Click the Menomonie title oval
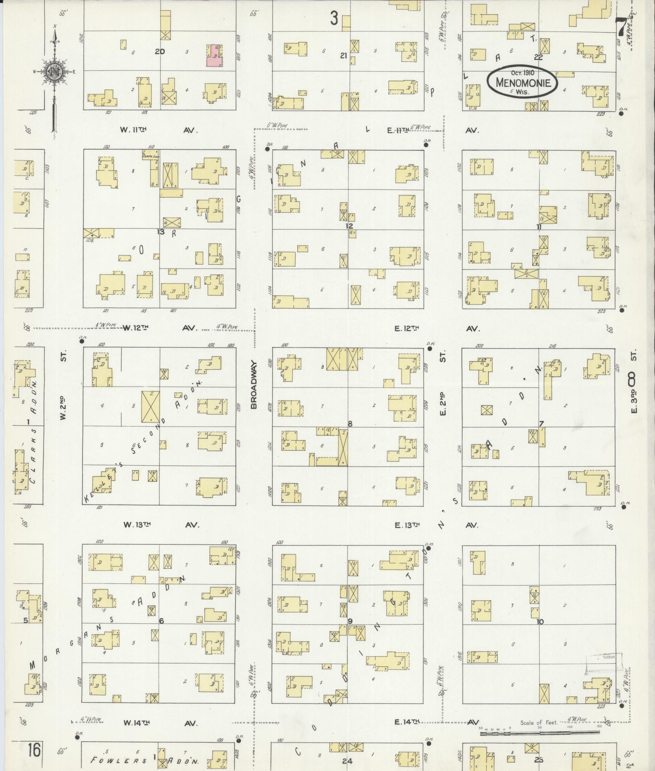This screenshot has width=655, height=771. [x=522, y=81]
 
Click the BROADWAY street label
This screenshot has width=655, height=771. [x=253, y=384]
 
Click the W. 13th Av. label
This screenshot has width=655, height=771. [x=161, y=525]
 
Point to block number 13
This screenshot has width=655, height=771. [x=160, y=232]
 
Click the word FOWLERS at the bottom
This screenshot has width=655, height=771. [x=119, y=760]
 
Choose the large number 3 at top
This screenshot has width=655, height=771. [x=334, y=18]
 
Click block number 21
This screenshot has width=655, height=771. [x=344, y=56]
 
